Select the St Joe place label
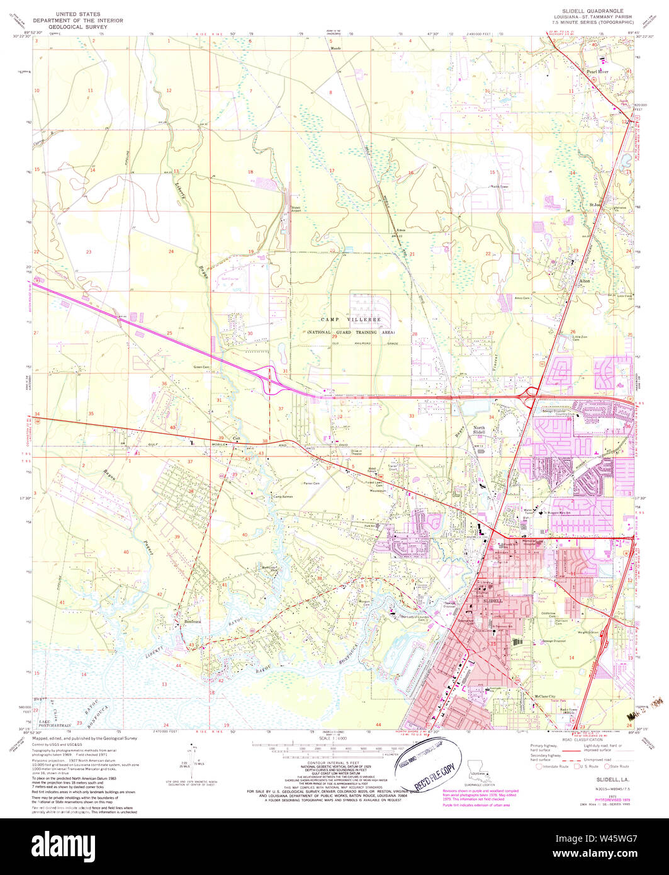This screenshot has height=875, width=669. click(595, 204)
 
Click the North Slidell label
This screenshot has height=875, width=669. click(480, 431)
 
